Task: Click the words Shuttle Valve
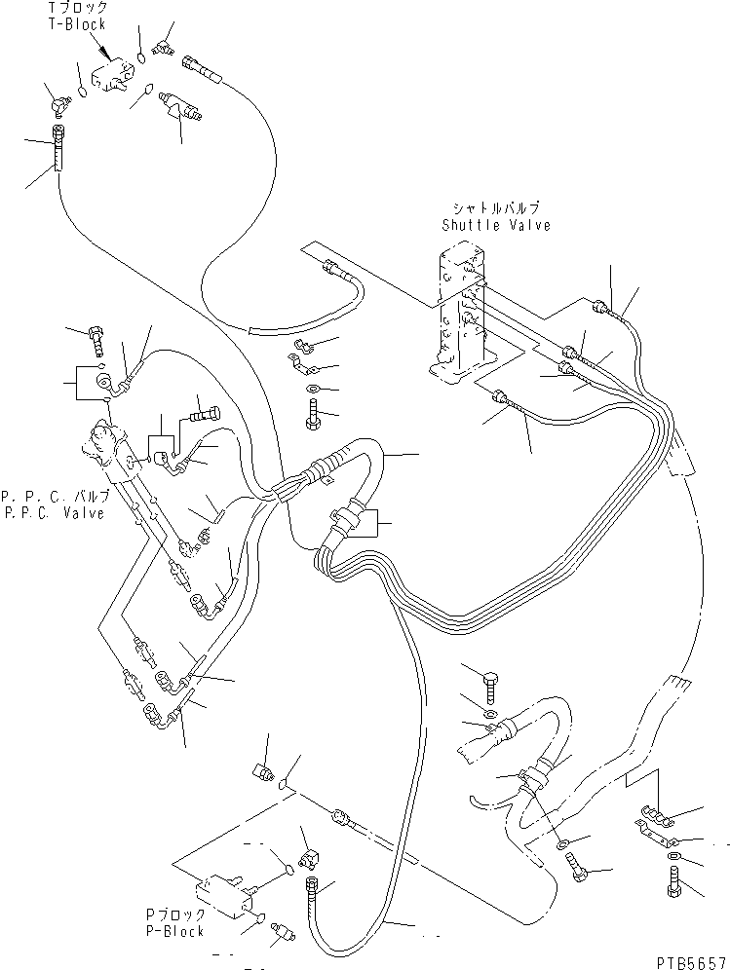pos(495,225)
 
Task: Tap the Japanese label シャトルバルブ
pos(495,208)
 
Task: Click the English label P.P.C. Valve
pos(54,514)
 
